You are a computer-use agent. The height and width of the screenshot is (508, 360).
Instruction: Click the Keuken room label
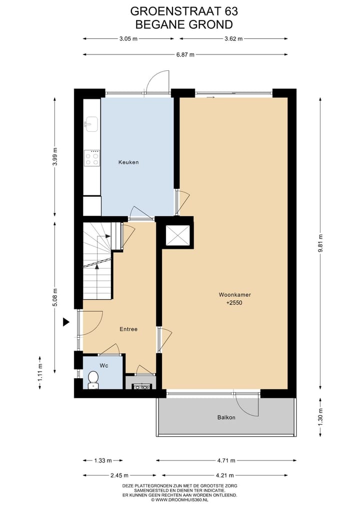tap(128, 162)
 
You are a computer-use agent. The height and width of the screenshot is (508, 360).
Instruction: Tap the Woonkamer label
tap(234, 295)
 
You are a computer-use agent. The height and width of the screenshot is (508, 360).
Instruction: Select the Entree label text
tap(128, 329)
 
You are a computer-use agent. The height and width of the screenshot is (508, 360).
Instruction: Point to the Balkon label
tap(226, 417)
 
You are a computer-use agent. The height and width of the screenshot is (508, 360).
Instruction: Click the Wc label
tap(103, 366)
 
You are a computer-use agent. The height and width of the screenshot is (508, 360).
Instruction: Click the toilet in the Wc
tap(93, 380)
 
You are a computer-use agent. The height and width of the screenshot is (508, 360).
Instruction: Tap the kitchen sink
tap(92, 123)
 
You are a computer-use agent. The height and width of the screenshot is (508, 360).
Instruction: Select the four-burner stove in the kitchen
tap(92, 158)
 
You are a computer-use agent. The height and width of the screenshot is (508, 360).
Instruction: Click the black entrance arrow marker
tap(65, 322)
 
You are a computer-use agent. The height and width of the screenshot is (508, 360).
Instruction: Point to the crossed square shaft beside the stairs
tap(177, 235)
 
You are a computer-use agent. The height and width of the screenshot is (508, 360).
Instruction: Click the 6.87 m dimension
tap(185, 54)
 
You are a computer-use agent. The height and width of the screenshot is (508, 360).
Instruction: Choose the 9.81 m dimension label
tap(320, 243)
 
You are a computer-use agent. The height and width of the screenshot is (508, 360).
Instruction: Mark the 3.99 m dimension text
tap(55, 157)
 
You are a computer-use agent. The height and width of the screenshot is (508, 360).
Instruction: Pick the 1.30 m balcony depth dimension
tap(320, 416)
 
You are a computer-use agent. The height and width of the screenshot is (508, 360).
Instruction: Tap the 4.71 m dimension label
tap(226, 460)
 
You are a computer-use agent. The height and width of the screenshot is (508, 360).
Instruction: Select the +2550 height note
tap(234, 303)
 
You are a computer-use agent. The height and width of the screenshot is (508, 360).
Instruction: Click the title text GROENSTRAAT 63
tap(184, 11)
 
